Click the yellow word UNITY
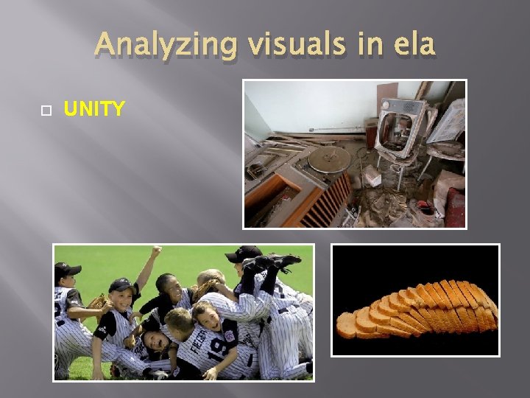point(94,110)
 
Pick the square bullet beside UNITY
point(45,111)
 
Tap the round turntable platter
point(329,158)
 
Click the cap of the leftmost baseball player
point(67,270)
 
